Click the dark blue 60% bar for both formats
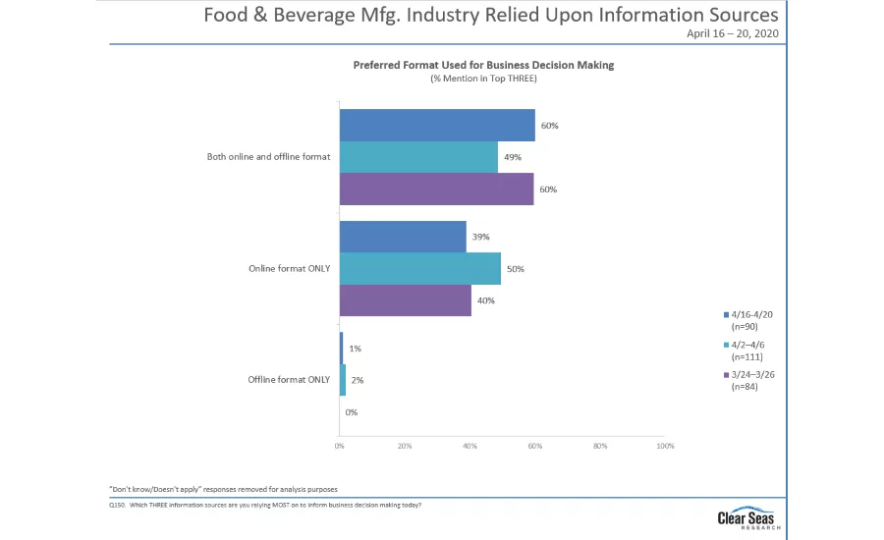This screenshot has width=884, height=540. (437, 125)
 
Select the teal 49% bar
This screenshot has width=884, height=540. (418, 157)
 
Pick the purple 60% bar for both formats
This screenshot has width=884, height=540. (436, 189)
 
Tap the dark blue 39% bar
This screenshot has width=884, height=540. (403, 237)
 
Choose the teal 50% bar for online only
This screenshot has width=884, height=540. (420, 268)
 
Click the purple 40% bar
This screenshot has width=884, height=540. (405, 300)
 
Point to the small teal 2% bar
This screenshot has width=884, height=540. (343, 380)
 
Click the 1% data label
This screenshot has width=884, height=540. (355, 349)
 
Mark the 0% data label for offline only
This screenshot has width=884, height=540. (352, 412)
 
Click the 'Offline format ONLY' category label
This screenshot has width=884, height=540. (288, 380)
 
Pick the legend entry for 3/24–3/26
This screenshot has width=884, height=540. (753, 380)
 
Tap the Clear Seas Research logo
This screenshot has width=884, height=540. (749, 517)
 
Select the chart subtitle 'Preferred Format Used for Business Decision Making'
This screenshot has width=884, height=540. (483, 65)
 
